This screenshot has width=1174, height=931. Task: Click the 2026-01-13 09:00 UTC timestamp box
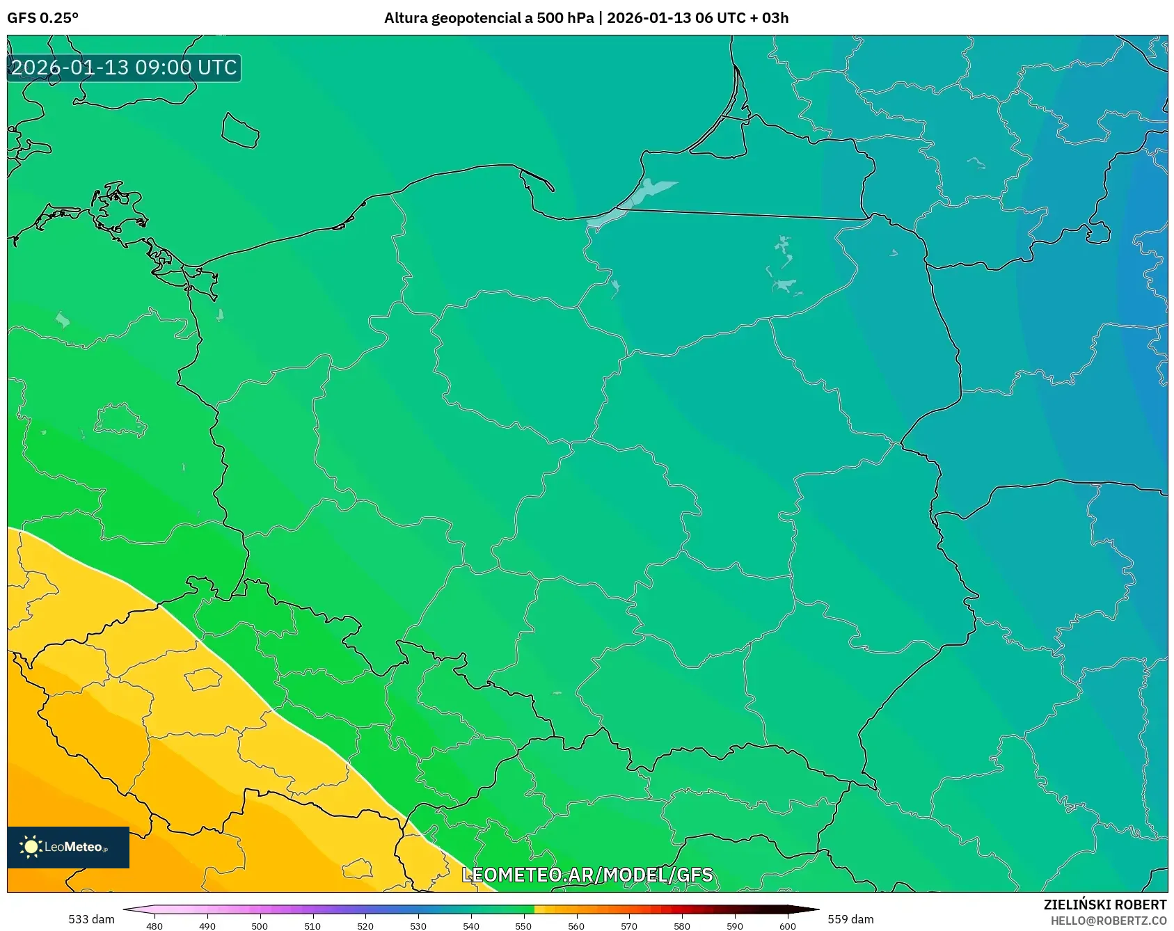(x=124, y=67)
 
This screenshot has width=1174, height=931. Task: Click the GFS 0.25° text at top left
(x=42, y=17)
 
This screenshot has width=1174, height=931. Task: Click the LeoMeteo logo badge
(x=68, y=847)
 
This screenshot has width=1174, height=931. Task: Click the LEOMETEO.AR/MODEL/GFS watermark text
(x=587, y=875)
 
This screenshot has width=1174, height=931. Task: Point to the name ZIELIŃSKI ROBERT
(x=1104, y=905)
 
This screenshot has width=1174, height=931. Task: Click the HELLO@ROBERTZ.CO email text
(x=1108, y=921)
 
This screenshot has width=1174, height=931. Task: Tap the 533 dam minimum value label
(x=91, y=919)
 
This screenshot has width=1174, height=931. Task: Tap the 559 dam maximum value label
(x=850, y=919)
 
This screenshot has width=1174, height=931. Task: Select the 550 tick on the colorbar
(x=523, y=925)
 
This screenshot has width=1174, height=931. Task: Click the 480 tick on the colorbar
(x=154, y=925)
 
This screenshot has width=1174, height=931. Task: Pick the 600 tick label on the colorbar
(x=787, y=925)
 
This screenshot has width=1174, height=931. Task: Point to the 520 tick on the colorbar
(x=365, y=925)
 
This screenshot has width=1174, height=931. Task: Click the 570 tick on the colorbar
(x=629, y=925)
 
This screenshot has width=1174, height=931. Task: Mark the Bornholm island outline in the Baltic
(x=240, y=131)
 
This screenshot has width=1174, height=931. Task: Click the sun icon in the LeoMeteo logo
(x=31, y=847)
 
